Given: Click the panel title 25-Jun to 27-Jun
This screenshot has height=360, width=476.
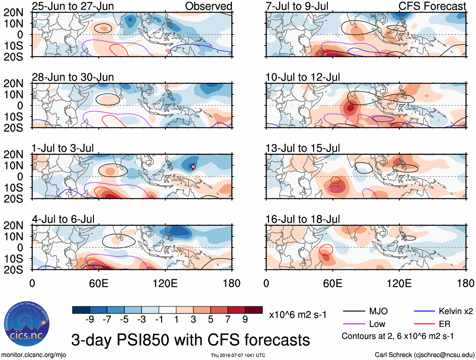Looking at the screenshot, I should (x=73, y=6).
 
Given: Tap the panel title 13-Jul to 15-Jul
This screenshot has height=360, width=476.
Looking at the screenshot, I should (x=303, y=148).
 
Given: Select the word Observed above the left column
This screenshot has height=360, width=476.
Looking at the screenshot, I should (x=208, y=6).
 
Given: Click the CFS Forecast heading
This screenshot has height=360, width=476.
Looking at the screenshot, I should (x=432, y=6).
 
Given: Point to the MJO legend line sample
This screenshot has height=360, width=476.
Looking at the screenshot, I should (x=354, y=311).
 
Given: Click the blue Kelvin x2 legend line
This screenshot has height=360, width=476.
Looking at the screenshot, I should (x=424, y=311).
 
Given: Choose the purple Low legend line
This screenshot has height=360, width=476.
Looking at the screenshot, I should (x=354, y=324).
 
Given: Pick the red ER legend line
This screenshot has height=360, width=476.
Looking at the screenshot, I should (x=424, y=324).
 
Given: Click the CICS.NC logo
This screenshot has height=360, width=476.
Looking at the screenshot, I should (x=27, y=324).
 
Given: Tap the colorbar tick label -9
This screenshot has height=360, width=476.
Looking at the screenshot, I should (x=90, y=320).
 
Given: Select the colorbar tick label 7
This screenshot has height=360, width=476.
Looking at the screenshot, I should (x=228, y=320).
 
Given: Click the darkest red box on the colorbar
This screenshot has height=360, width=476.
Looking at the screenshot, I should (x=254, y=310).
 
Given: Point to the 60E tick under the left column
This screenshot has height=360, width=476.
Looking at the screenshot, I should (x=99, y=283).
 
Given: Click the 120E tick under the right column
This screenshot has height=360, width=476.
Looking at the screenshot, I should (x=399, y=283).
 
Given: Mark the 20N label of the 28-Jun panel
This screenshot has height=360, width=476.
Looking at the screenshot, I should (x=13, y=84).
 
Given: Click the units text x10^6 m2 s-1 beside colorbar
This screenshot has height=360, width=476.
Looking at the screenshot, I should (x=298, y=315).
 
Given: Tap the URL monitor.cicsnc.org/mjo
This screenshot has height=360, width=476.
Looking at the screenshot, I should (x=34, y=355).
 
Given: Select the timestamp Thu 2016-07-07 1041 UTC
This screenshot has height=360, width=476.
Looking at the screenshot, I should (x=238, y=355).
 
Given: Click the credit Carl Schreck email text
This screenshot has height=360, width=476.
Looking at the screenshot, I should (x=424, y=355).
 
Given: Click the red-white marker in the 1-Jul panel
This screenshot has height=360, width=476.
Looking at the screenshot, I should (x=193, y=167).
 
